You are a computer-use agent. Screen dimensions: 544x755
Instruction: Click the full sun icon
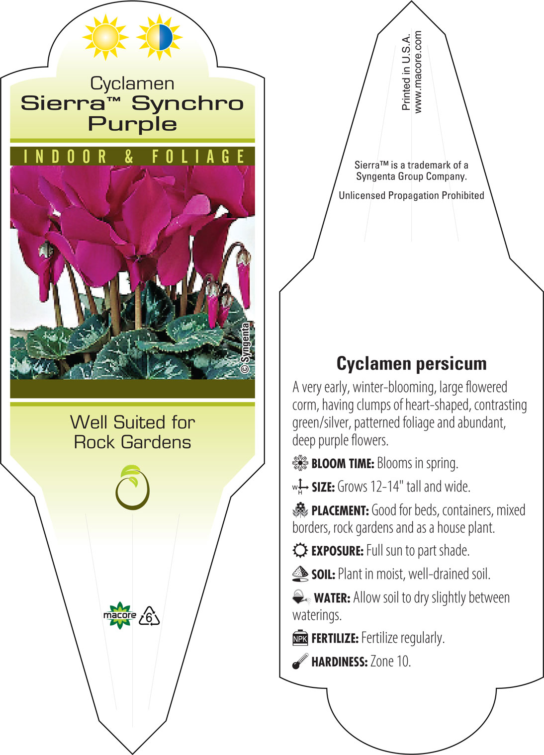point(105,37)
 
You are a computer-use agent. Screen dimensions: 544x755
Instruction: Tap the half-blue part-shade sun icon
point(160,37)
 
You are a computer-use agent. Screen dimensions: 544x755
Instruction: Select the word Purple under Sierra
point(133,125)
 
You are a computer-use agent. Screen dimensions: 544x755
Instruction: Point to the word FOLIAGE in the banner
point(198,157)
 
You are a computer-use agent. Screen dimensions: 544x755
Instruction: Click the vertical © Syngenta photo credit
point(246,347)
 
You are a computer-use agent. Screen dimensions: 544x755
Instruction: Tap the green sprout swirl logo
point(133,487)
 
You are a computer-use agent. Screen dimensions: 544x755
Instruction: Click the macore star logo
point(120,615)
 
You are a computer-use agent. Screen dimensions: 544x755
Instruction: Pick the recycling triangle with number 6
point(149,616)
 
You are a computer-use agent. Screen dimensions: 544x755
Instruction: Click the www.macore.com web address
point(418,72)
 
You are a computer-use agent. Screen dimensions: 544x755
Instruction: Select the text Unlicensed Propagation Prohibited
point(411,195)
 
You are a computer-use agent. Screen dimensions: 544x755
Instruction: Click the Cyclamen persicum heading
point(411,364)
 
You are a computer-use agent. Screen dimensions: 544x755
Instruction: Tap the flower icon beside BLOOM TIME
point(300,463)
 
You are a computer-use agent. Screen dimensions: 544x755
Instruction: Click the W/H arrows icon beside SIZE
point(300,487)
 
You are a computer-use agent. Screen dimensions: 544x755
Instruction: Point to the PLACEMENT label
point(340,510)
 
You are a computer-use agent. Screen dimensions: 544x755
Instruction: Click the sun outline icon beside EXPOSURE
point(300,550)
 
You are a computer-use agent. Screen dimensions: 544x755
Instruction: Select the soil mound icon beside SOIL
point(300,574)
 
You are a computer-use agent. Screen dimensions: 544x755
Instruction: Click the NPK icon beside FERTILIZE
point(300,638)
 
